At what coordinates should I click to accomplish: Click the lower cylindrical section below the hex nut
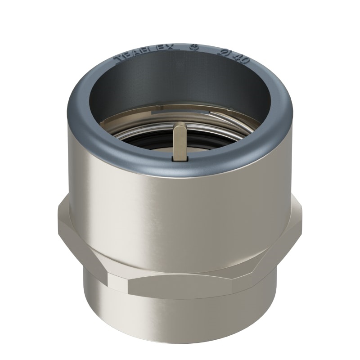tap(180, 310)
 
